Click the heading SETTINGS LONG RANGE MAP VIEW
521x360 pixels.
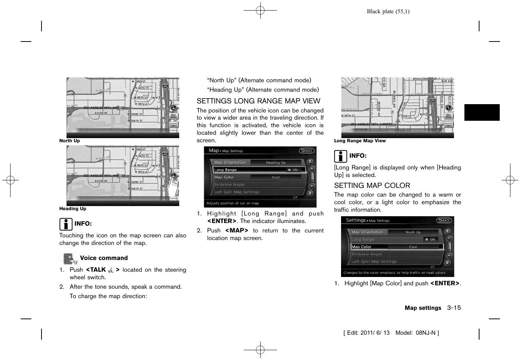(x=258, y=101)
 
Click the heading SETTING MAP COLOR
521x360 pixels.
(x=372, y=186)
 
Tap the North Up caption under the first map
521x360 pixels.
(x=70, y=141)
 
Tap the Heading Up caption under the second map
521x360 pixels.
(x=73, y=209)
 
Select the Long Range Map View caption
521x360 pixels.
(x=360, y=141)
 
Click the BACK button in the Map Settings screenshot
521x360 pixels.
(x=306, y=151)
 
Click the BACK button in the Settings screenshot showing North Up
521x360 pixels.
(x=444, y=220)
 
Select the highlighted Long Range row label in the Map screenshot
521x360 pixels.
(x=226, y=170)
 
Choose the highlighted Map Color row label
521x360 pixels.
(x=361, y=247)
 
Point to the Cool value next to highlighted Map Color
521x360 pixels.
(x=413, y=247)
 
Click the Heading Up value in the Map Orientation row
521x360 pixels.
(x=276, y=163)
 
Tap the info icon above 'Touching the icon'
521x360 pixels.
(x=66, y=224)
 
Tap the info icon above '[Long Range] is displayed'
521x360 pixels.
(x=340, y=156)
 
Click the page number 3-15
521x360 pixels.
(x=454, y=308)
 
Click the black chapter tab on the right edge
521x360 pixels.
(x=482, y=112)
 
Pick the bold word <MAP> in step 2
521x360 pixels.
(x=237, y=231)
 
